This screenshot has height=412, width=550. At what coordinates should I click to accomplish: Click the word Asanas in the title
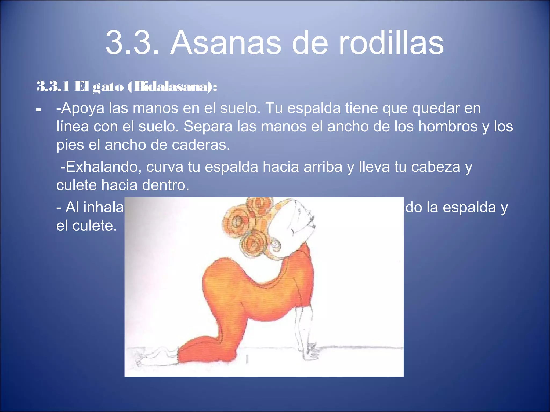pos(226,43)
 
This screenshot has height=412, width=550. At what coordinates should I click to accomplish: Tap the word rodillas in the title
pos(391,43)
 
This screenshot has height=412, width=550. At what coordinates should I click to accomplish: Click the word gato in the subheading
pos(108,87)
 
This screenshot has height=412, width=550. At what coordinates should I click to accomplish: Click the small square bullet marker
pos(38,110)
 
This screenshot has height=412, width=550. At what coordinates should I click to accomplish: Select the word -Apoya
pos(80,109)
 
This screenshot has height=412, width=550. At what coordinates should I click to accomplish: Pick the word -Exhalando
pos(101,167)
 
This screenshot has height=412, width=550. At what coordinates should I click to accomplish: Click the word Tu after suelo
pos(274,108)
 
